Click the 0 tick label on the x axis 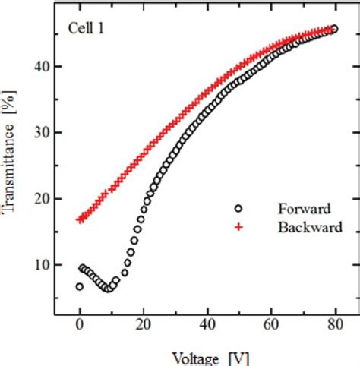pyautogui.click(x=80, y=327)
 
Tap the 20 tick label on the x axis pyautogui.click(x=143, y=327)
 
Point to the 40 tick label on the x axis pyautogui.click(x=207, y=327)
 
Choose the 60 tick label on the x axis pyautogui.click(x=270, y=327)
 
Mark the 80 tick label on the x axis pyautogui.click(x=333, y=327)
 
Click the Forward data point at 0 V pyautogui.click(x=80, y=286)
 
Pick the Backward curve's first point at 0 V pyautogui.click(x=80, y=219)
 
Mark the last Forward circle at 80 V pyautogui.click(x=333, y=29)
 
